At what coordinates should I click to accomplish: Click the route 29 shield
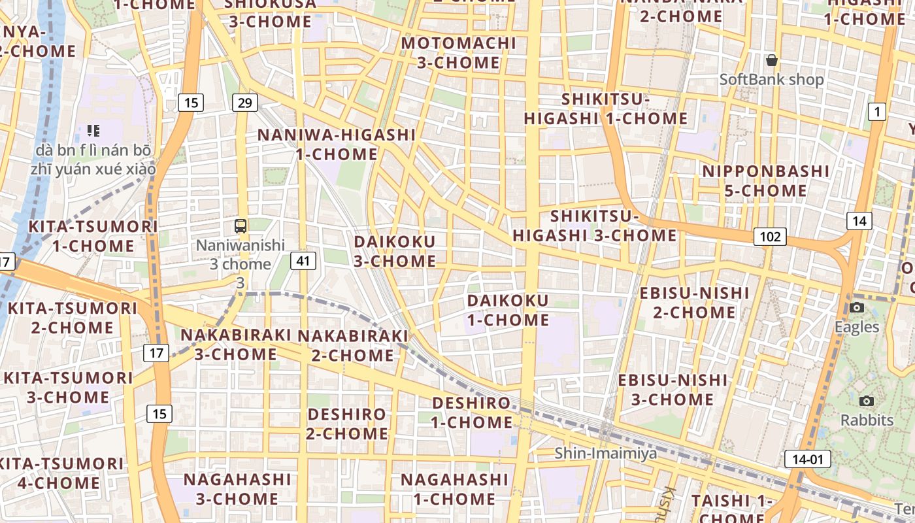coord(245,103)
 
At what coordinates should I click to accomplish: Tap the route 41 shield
coord(303,261)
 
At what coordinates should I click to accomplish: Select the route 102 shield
coord(770,237)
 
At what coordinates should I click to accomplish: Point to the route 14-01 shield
coord(807,459)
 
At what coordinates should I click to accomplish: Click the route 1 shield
coord(876,112)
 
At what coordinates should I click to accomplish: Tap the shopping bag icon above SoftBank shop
coord(772,61)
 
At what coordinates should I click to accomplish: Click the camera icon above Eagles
coord(857,307)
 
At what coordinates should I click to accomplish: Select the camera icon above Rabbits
coord(867,401)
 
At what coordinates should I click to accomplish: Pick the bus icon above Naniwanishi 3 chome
coord(241,226)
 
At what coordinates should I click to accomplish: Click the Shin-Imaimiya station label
coord(606,453)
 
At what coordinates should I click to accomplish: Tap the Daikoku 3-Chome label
coord(395,251)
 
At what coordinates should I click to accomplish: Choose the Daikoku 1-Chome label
coord(508,310)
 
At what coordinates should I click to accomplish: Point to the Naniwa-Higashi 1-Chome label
coord(337,144)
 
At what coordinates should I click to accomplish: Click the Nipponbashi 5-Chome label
coord(766,181)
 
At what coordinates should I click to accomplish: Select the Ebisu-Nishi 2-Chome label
coord(694,302)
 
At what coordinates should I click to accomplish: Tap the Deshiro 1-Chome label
coord(471,412)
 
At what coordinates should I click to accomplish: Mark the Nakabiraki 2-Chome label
coord(353,345)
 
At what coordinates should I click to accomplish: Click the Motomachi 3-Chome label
coord(459,53)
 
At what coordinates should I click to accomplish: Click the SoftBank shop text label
coord(772,80)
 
